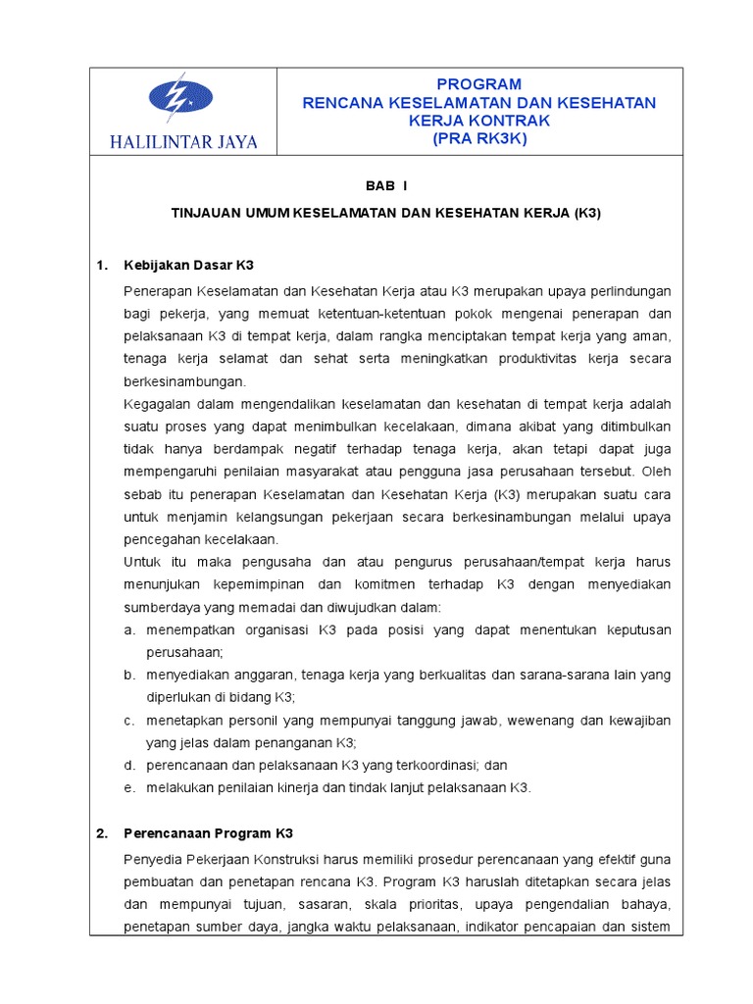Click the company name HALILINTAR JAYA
click(185, 142)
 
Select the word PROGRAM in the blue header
click(479, 84)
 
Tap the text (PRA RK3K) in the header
click(479, 139)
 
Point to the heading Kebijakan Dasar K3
click(189, 266)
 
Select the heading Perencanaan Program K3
click(208, 833)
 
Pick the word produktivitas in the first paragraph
click(544, 359)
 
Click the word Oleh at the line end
click(657, 472)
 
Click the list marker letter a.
click(128, 629)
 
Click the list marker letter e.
click(128, 787)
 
